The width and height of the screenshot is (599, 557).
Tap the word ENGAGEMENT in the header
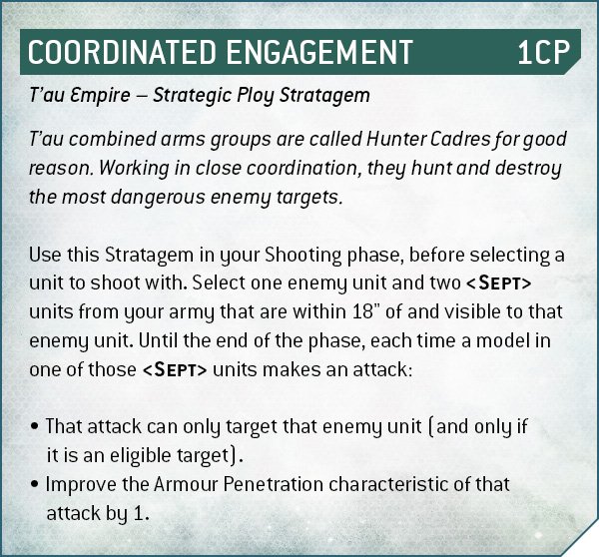tap(319, 52)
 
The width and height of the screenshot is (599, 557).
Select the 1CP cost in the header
tap(543, 52)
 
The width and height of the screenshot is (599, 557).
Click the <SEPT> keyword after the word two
tap(498, 283)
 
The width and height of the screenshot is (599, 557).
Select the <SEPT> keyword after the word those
tap(175, 369)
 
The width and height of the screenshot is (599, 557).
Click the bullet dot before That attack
tap(35, 426)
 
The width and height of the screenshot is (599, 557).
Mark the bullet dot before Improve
tap(35, 484)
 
